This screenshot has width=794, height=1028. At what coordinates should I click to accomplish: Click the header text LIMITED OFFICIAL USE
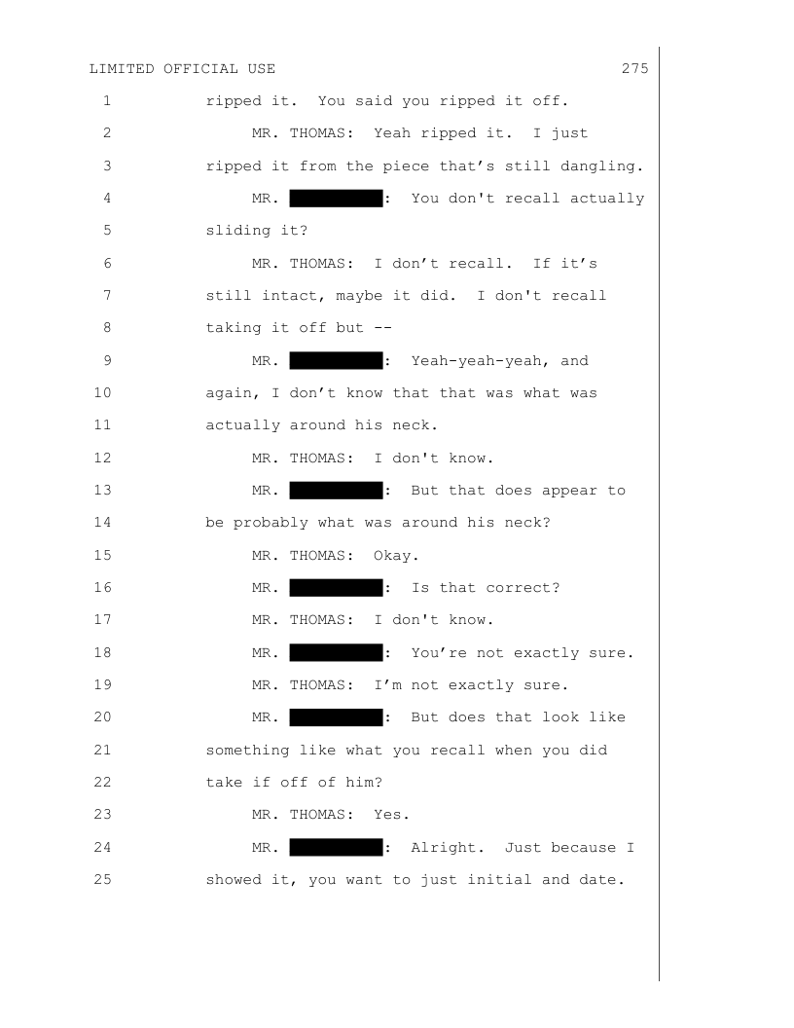(182, 68)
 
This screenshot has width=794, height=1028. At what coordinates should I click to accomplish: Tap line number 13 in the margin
(106, 490)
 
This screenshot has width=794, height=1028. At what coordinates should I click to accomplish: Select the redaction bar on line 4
(335, 199)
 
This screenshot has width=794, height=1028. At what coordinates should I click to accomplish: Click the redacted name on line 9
(335, 361)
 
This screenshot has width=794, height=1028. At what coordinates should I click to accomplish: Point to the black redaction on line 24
(335, 848)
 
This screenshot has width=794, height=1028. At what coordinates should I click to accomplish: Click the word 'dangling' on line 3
(606, 165)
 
